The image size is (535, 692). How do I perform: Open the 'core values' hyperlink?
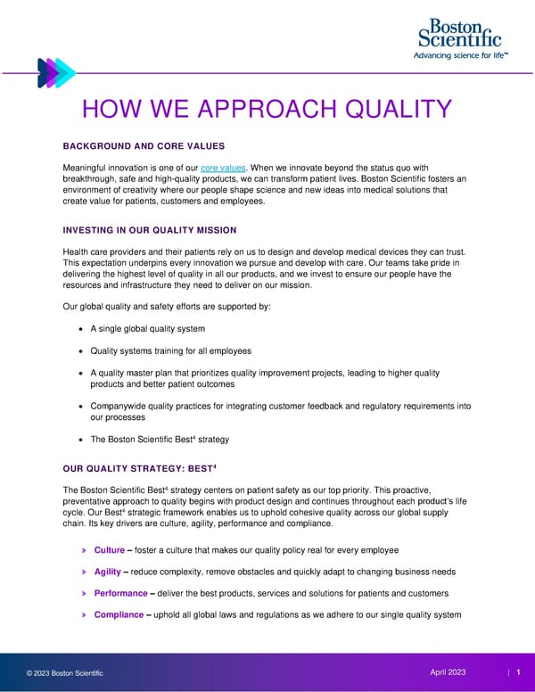click(x=221, y=168)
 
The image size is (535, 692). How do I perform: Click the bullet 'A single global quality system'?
click(x=148, y=329)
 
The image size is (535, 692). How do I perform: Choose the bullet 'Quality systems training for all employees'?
click(x=170, y=350)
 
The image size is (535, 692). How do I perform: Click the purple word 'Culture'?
click(x=109, y=550)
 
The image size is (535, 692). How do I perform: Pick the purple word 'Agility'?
click(x=107, y=572)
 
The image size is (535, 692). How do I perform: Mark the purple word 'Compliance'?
click(x=119, y=614)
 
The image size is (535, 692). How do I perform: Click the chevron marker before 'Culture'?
click(x=84, y=550)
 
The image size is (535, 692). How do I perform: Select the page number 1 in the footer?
click(x=518, y=671)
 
